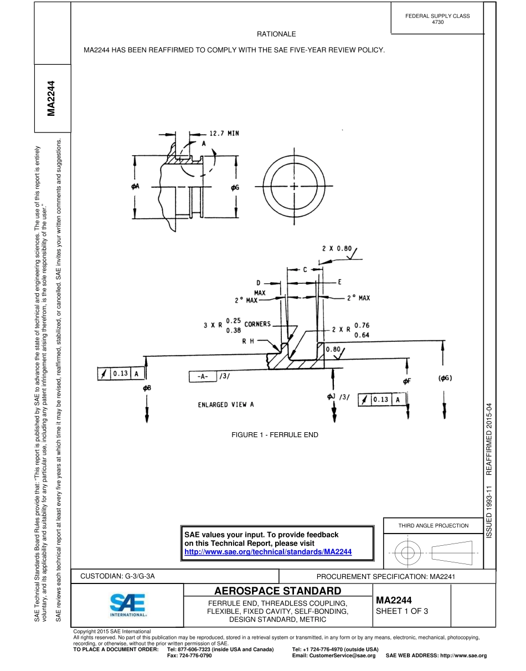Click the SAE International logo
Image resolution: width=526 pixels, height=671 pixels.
127,606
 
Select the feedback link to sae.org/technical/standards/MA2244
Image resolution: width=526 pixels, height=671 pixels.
268,552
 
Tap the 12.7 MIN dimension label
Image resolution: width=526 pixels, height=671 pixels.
224,134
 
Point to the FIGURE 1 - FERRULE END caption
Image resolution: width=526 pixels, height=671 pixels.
275,435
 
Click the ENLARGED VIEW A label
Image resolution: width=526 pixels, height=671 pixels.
226,404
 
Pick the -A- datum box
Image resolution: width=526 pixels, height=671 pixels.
202,376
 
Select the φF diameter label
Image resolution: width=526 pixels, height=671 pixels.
407,381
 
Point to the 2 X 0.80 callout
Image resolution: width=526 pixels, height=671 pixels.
337,248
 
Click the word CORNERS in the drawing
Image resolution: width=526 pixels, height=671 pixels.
257,324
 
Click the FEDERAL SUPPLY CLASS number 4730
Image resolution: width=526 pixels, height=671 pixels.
437,22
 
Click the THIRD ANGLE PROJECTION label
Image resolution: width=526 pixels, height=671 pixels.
433,525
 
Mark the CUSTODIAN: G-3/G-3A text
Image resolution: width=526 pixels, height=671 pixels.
117,576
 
